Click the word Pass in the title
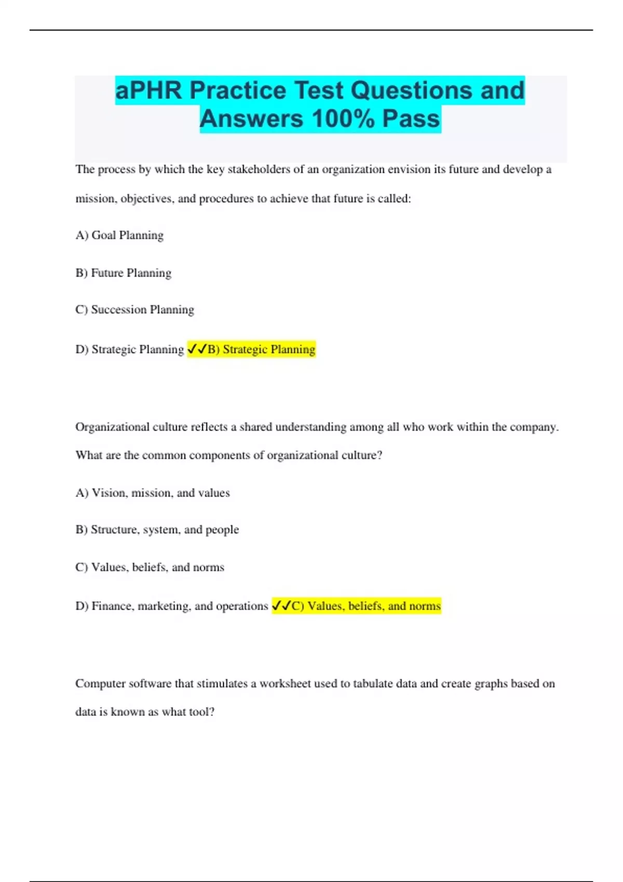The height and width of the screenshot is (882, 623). [411, 118]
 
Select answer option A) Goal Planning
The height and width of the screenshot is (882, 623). [119, 236]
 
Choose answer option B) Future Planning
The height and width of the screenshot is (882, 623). [123, 273]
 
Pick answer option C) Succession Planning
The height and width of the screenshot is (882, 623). [134, 310]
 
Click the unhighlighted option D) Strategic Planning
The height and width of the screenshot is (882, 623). [129, 350]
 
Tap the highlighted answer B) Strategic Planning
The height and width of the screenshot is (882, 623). [262, 350]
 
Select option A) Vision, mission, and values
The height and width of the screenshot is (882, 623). [152, 493]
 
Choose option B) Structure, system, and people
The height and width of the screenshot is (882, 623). [157, 530]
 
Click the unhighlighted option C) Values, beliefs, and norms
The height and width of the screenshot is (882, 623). [150, 567]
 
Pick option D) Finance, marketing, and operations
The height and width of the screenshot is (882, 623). [171, 606]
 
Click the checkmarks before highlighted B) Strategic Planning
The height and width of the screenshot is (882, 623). [197, 349]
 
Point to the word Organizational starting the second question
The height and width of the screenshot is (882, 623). [112, 427]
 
